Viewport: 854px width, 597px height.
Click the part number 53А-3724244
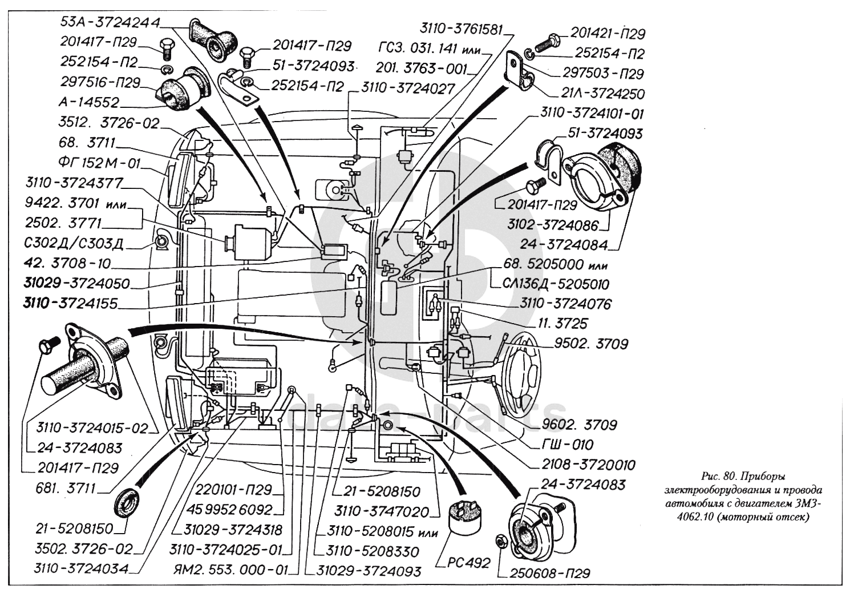pos(110,22)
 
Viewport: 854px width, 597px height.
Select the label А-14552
pos(89,103)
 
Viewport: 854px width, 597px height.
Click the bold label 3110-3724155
pos(70,304)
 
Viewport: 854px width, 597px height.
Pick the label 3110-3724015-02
pos(92,427)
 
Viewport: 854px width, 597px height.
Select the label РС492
pos(468,563)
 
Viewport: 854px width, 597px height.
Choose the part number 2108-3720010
pos(588,465)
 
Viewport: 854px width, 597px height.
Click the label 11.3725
pos(562,324)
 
